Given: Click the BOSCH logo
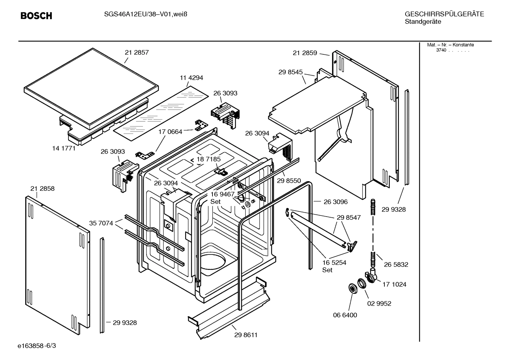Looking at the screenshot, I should [x=36, y=16].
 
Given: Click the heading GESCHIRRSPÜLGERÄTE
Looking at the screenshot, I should [x=444, y=14].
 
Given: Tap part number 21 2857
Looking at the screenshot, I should [x=137, y=53].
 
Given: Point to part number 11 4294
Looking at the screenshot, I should [x=191, y=78].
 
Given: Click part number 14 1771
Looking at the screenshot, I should [x=64, y=148].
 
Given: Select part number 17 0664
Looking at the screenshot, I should [x=170, y=132].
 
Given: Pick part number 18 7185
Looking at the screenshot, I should [x=209, y=159].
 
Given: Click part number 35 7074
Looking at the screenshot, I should [x=101, y=223].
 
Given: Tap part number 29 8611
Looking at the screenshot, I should [x=246, y=335].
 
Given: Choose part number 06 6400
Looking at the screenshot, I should [x=345, y=315].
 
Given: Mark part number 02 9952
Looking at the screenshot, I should [x=379, y=303].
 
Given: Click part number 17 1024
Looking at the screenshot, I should [x=394, y=284].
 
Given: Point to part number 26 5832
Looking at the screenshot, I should [x=396, y=265].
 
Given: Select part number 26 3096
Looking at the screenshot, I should [x=335, y=202].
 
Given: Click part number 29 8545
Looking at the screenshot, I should [x=291, y=72].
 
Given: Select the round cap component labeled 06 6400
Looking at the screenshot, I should [x=352, y=288].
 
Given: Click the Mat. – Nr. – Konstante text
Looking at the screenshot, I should [x=450, y=45].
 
